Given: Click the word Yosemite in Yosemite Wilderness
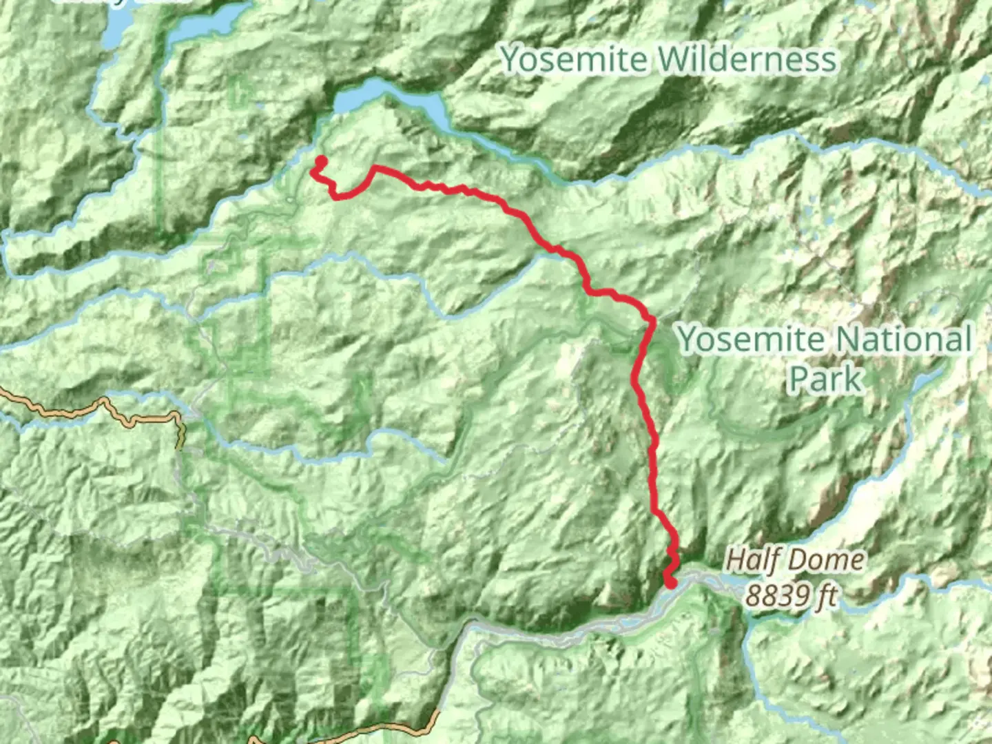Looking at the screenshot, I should [x=574, y=59].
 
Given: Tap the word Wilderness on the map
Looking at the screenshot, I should [x=747, y=59].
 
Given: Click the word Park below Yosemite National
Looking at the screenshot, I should [x=825, y=378].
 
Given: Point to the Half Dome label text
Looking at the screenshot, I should [x=794, y=559].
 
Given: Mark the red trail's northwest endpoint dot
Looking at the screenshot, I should [x=320, y=162].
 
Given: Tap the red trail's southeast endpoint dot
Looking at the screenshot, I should [x=670, y=584].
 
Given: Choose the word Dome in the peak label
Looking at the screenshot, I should [x=829, y=559].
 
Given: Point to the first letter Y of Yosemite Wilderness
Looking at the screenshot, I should [x=510, y=59].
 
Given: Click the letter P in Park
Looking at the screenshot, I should [x=799, y=378].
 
